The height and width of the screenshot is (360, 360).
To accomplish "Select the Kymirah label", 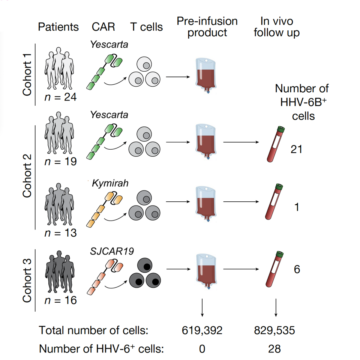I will pyautogui.click(x=110, y=184).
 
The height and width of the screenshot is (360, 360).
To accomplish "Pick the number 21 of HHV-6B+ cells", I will pyautogui.click(x=296, y=149).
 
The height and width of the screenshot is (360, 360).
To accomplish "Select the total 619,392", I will pyautogui.click(x=202, y=330).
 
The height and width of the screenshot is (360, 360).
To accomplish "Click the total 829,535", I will pyautogui.click(x=274, y=330).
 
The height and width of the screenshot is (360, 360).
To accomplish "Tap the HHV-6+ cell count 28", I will pyautogui.click(x=274, y=349).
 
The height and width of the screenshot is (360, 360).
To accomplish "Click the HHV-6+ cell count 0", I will pyautogui.click(x=202, y=349).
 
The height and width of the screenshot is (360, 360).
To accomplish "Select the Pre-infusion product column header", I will pyautogui.click(x=207, y=27).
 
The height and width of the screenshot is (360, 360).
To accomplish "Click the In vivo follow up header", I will pyautogui.click(x=276, y=27).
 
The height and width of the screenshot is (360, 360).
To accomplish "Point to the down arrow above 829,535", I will pyautogui.click(x=276, y=308).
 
